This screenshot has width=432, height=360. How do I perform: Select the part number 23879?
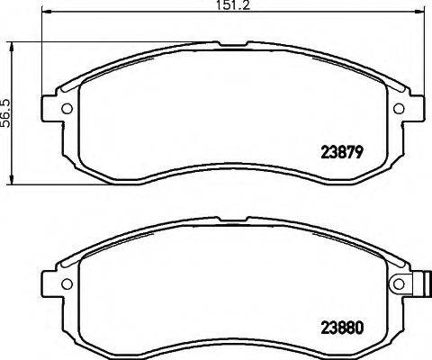pos(341,152)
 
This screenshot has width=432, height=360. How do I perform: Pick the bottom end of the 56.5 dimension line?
pos(10,184)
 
